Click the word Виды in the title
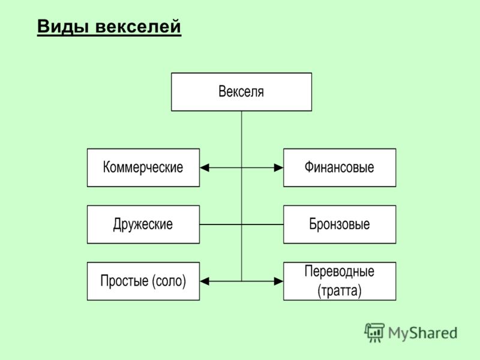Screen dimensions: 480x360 click(63, 26)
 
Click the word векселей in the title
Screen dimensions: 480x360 click(139, 26)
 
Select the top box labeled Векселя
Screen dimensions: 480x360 click(242, 92)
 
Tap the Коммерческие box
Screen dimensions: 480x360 click(143, 168)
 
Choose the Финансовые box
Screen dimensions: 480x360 click(340, 168)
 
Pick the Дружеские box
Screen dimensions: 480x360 click(143, 224)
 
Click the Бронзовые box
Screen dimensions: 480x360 click(340, 224)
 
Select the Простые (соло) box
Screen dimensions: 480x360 click(143, 281)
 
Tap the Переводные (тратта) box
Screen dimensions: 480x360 click(340, 281)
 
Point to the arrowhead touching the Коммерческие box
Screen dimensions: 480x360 click(205, 168)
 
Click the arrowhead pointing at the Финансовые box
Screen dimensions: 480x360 click(278, 168)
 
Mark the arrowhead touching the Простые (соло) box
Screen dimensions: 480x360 click(205, 281)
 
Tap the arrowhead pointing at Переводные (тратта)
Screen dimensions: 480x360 click(278, 281)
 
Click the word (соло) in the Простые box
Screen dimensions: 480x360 click(169, 281)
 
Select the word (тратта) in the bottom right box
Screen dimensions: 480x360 click(340, 290)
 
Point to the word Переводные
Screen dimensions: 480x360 click(340, 271)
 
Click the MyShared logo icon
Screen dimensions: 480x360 click(374, 332)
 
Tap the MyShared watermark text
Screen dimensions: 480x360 click(423, 333)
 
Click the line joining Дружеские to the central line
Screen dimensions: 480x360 click(221, 224)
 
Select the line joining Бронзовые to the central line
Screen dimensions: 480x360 click(263, 224)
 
